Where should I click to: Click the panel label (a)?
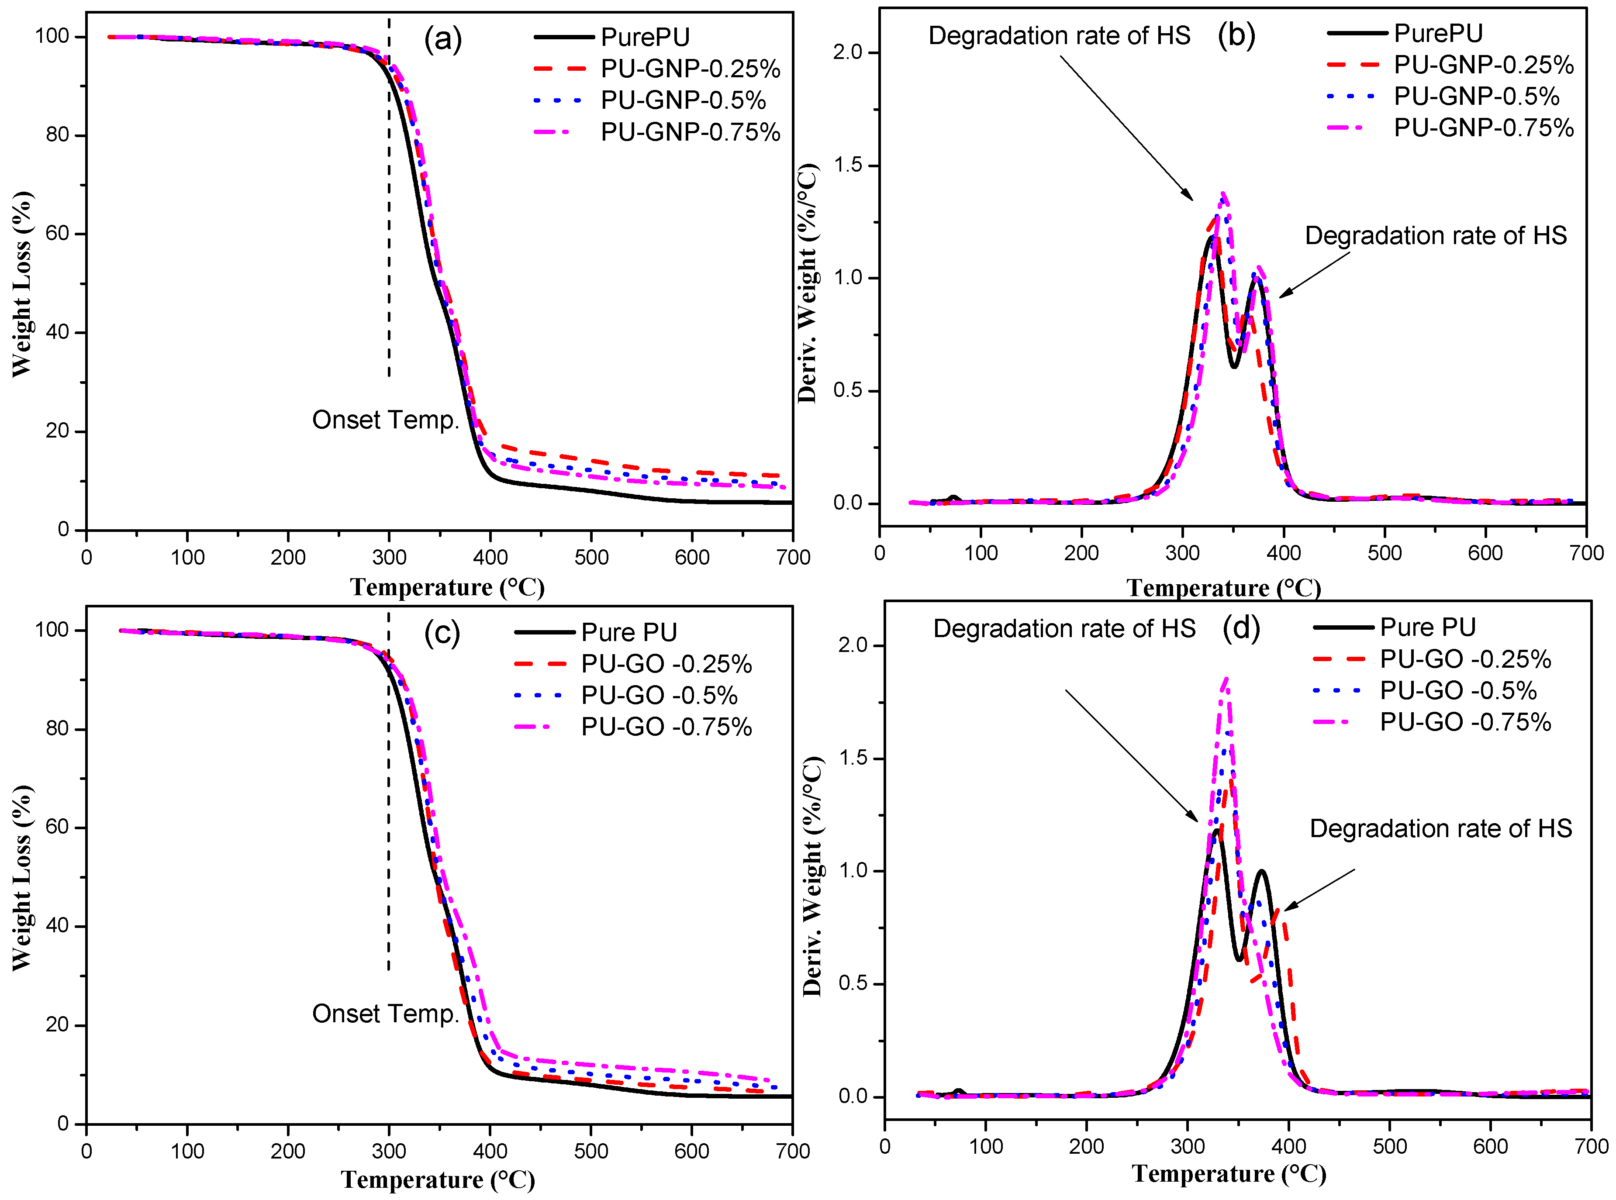[x=442, y=38]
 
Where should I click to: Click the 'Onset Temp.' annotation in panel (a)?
[x=386, y=420]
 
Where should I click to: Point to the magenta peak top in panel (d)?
[x=1226, y=679]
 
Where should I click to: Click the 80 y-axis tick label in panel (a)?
[x=57, y=135]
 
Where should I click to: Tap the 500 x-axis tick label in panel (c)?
[x=591, y=1152]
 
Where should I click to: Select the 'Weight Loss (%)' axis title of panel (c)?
[x=22, y=877]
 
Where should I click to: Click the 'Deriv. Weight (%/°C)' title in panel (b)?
[x=807, y=283]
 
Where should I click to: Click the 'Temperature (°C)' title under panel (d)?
[x=1229, y=1173]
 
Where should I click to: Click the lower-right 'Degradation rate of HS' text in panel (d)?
[x=1440, y=829]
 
